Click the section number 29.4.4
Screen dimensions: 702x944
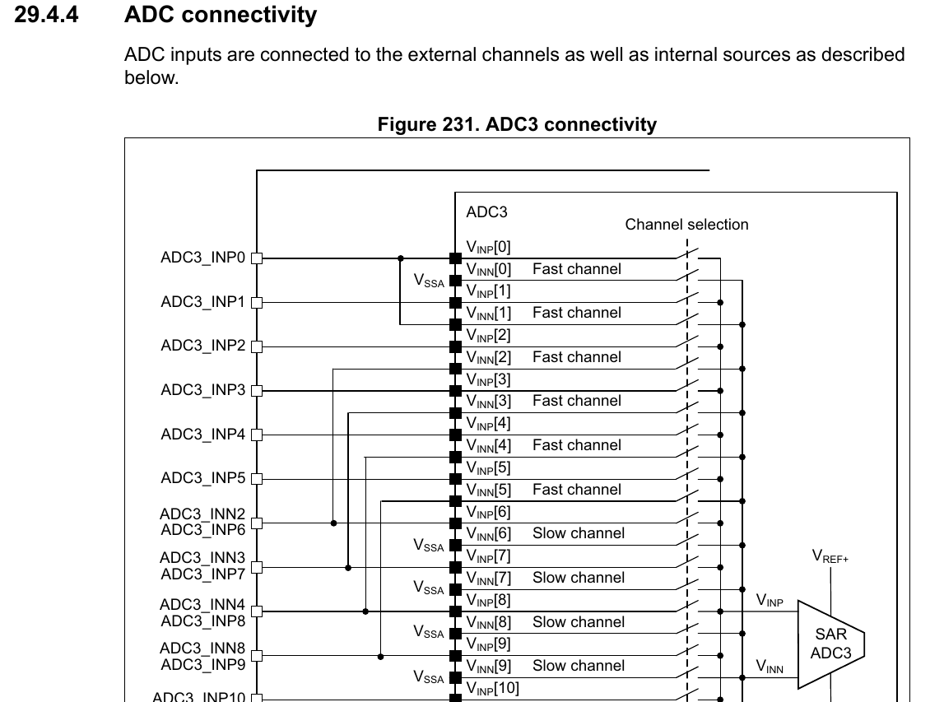point(46,15)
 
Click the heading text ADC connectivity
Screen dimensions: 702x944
point(220,15)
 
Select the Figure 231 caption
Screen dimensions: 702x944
point(517,124)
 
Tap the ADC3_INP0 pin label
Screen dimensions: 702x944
point(202,258)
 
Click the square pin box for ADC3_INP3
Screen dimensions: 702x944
point(256,390)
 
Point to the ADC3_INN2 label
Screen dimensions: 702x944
point(202,514)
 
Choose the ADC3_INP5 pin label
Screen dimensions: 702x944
point(202,478)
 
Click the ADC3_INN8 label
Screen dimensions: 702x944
point(202,649)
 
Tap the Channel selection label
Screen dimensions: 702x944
point(686,225)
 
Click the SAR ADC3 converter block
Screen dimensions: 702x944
point(830,644)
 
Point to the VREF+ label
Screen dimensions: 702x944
point(830,557)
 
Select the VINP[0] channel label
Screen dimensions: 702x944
point(488,247)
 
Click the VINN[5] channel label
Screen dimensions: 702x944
point(488,490)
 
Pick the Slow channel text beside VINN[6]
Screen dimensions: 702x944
point(578,533)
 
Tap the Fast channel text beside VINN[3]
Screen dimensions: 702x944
point(576,401)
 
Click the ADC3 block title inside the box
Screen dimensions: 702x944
point(486,212)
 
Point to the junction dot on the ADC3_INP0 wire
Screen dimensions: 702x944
point(400,258)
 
